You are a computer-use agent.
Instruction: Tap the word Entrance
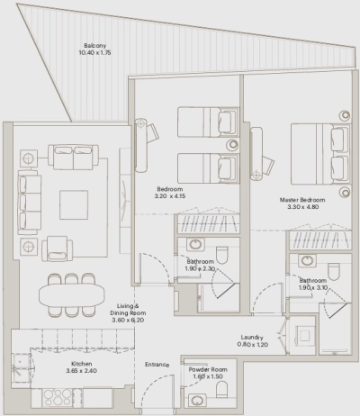click(x=157, y=364)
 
